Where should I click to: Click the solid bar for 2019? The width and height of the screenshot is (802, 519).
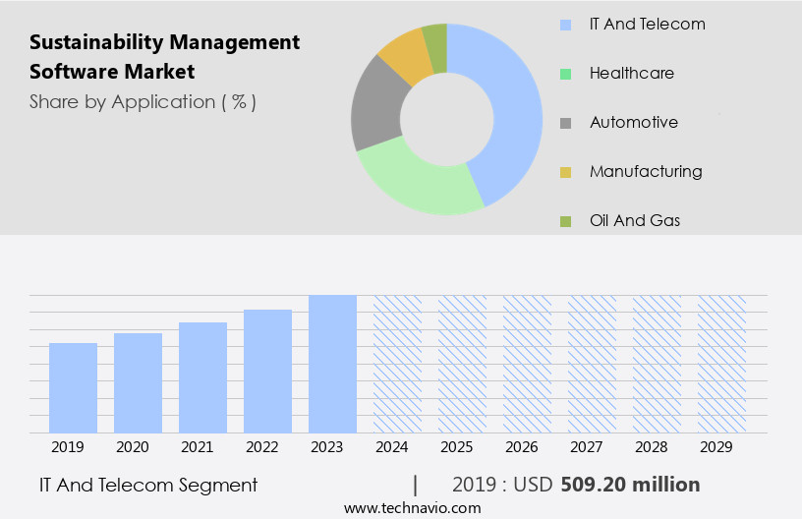(x=73, y=388)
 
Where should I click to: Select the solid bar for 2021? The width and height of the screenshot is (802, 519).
(x=202, y=377)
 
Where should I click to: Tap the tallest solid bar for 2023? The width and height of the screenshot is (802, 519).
(x=332, y=364)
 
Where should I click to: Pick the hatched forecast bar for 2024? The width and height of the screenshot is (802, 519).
(x=397, y=364)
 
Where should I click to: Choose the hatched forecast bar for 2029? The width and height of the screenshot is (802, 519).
(x=721, y=364)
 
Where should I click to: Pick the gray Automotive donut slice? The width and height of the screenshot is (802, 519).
(x=375, y=108)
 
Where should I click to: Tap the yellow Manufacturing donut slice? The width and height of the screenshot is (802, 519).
(x=405, y=56)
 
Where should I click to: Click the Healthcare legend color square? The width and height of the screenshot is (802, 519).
(x=565, y=74)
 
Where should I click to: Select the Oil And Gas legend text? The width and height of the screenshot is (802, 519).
(x=635, y=220)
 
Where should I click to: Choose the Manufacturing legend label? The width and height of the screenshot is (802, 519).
(x=646, y=171)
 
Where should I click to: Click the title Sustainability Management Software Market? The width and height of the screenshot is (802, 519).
(x=164, y=57)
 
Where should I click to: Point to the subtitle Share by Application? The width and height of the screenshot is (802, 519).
(x=143, y=102)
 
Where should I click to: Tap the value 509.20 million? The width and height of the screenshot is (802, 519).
(x=630, y=485)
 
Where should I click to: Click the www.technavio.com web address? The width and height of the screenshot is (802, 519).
(x=412, y=508)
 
